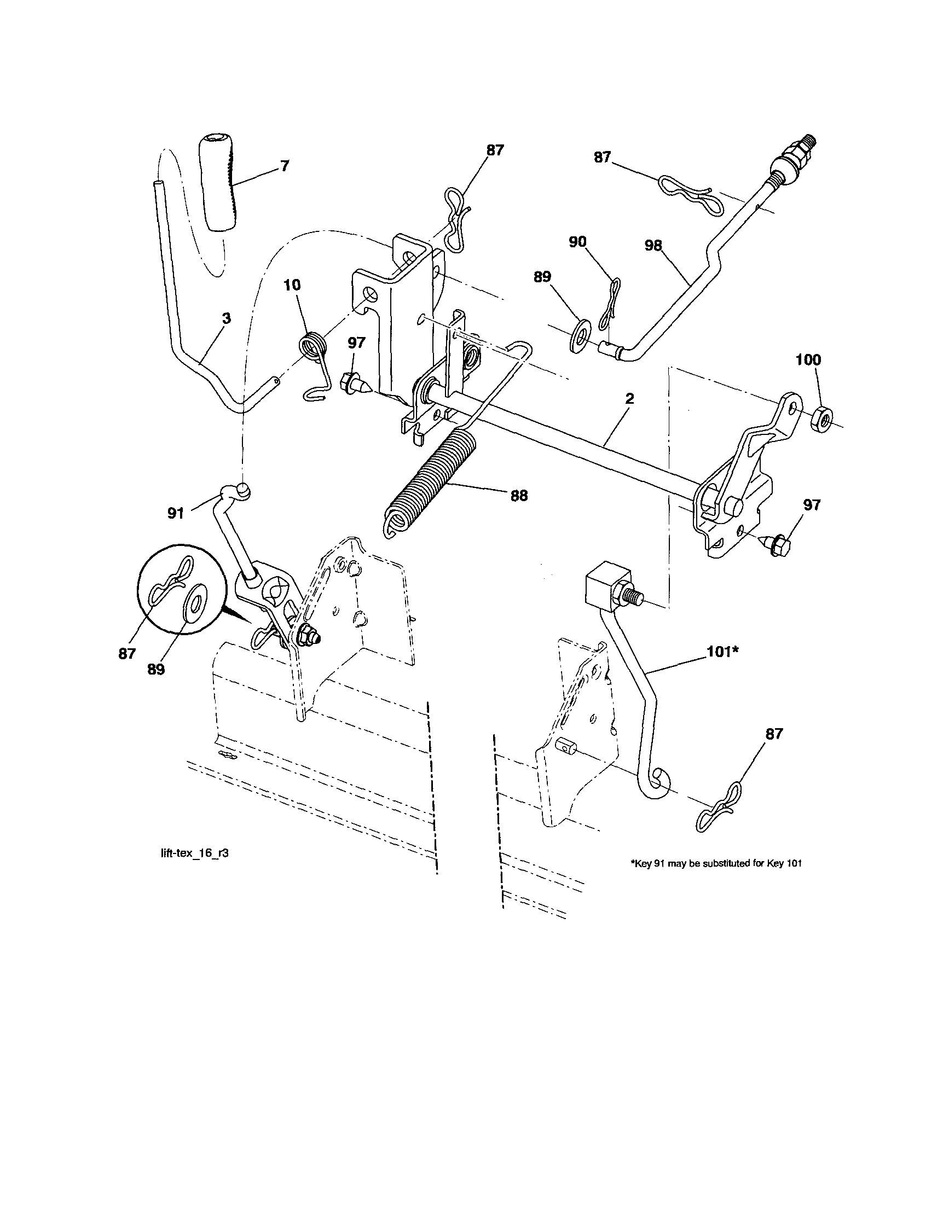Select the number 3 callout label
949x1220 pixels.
click(x=226, y=318)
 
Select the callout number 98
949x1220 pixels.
click(x=653, y=246)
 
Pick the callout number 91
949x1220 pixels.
click(x=176, y=513)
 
